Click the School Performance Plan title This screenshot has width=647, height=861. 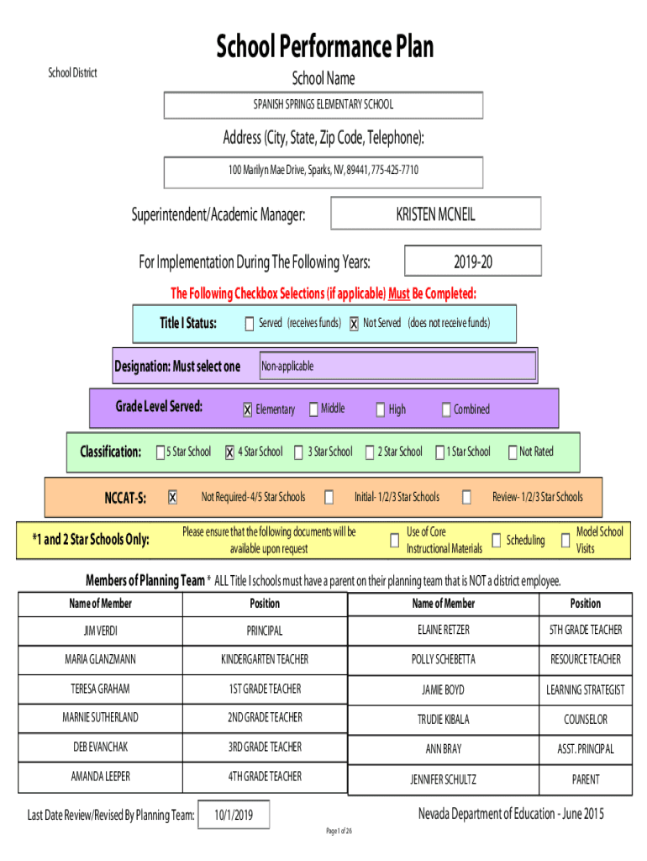tap(324, 46)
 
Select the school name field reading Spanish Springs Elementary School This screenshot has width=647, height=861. tap(323, 105)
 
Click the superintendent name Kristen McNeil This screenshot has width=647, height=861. tap(436, 214)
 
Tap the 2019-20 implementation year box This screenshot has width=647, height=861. tap(473, 261)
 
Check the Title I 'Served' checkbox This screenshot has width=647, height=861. tap(250, 324)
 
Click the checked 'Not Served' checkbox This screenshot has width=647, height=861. tap(354, 324)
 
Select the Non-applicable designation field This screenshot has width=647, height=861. tap(397, 366)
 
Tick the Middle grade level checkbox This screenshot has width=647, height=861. tap(313, 409)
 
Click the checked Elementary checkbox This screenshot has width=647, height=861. tap(248, 409)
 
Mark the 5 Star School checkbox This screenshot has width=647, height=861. tap(160, 452)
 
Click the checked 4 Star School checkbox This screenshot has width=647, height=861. tap(229, 452)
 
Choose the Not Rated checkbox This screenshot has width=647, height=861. tap(513, 452)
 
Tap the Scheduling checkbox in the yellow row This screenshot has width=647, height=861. tap(496, 541)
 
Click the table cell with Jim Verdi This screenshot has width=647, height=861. tap(101, 631)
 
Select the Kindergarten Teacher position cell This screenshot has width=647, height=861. tap(265, 660)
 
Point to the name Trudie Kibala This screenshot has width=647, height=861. tap(444, 720)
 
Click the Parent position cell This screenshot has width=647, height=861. tap(586, 779)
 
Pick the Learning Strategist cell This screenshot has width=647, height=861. tap(586, 690)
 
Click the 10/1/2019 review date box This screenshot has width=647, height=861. tap(234, 814)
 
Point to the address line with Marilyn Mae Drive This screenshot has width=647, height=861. tap(323, 170)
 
